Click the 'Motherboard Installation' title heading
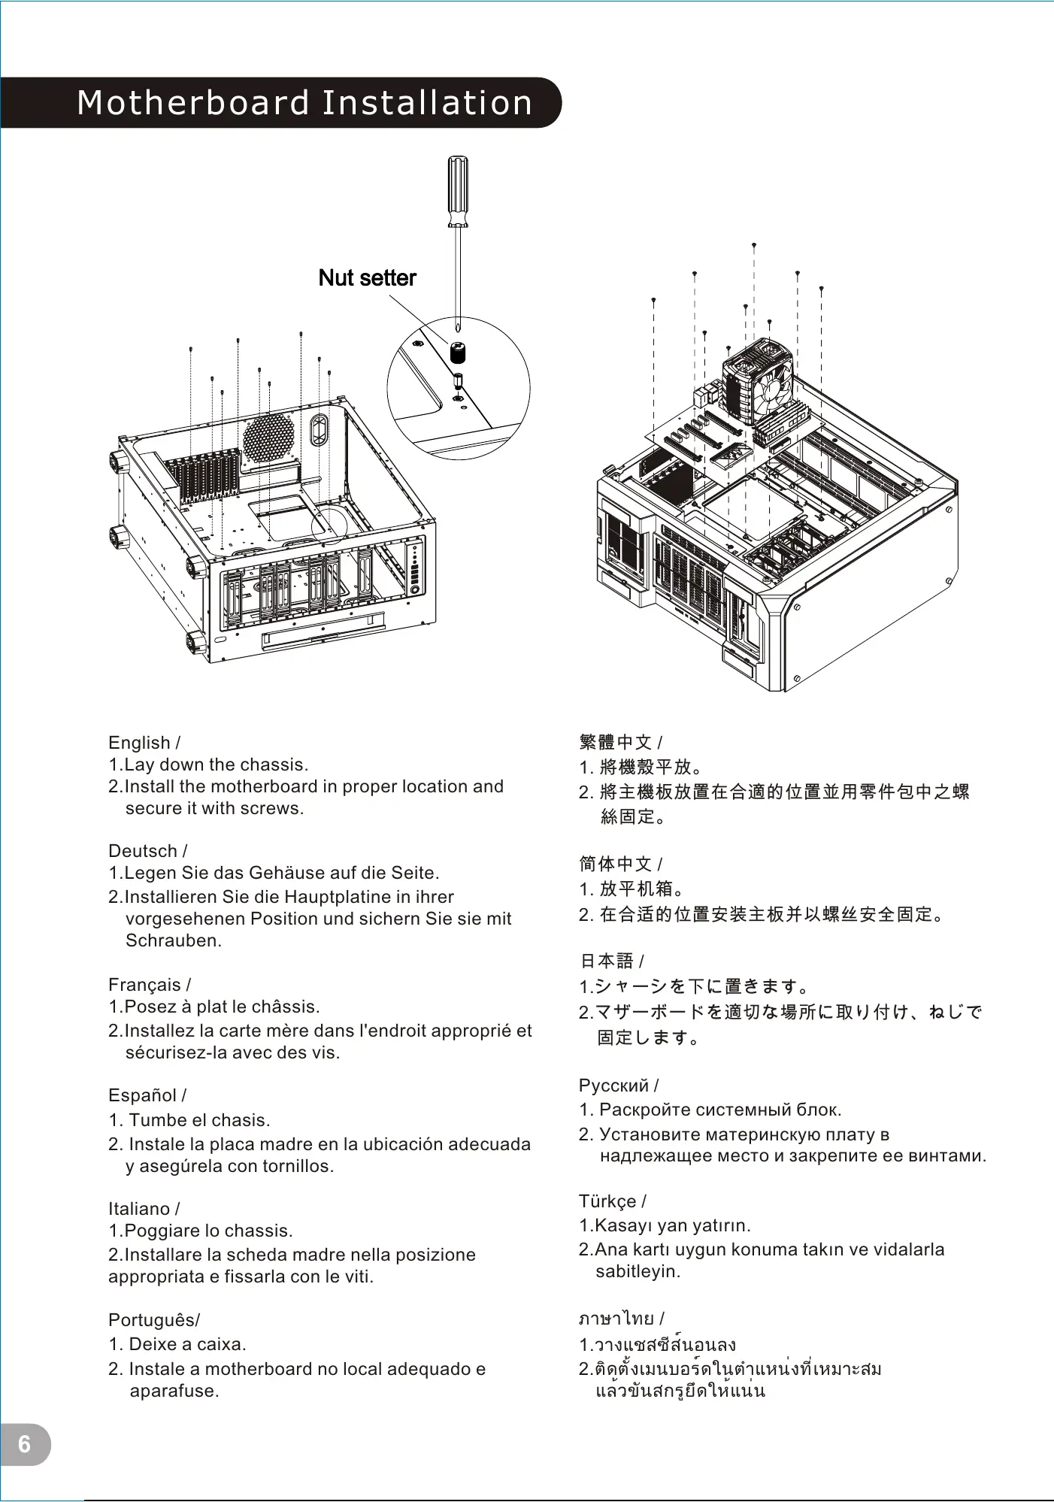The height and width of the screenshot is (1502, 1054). click(x=304, y=103)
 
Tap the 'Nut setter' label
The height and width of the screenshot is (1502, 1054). click(x=367, y=278)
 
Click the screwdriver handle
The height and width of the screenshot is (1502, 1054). click(x=458, y=189)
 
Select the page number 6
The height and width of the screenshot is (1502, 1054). click(x=25, y=1444)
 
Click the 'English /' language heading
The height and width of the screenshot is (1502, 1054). click(x=144, y=743)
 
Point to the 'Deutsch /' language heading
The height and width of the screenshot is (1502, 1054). click(x=147, y=851)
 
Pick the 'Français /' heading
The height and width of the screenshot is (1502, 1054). click(x=150, y=985)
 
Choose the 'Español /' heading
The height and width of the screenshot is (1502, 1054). click(x=147, y=1095)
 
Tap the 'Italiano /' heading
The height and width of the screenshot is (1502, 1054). click(x=144, y=1209)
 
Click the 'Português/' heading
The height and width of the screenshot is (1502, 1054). click(x=154, y=1320)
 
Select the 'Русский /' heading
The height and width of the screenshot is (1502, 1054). click(x=619, y=1086)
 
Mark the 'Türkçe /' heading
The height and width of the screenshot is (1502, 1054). click(x=613, y=1201)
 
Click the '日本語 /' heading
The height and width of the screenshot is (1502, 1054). click(x=612, y=961)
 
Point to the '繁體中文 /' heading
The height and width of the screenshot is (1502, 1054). click(x=621, y=742)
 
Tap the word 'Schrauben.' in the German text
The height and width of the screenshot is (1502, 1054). click(x=174, y=940)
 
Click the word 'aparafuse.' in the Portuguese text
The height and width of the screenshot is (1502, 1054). click(x=174, y=1391)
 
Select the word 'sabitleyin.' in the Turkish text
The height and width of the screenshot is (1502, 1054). click(x=638, y=1271)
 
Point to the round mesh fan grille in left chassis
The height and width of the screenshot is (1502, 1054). click(x=268, y=438)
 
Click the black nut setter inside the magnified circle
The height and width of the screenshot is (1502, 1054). click(x=458, y=352)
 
